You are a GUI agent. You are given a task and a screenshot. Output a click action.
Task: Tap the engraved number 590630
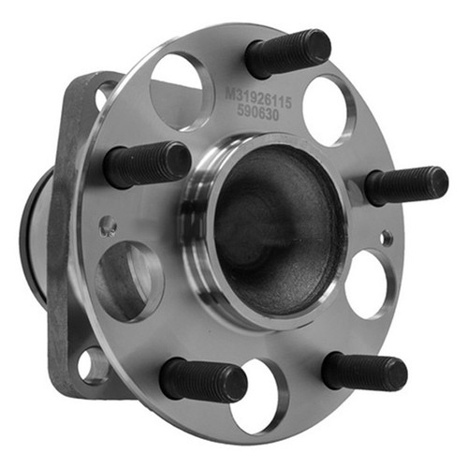pos(257,113)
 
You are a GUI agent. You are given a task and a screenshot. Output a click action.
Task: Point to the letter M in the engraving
pos(231,93)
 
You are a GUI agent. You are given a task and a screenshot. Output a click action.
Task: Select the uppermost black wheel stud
pos(287,53)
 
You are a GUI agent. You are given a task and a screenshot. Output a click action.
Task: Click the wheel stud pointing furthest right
pos(406,186)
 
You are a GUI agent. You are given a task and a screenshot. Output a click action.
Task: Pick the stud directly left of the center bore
pos(147,165)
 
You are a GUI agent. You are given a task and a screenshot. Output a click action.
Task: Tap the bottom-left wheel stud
pos(203,378)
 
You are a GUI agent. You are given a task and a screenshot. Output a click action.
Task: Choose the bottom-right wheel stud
pos(364,372)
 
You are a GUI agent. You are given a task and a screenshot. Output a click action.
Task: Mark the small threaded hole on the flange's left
pos(108,226)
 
